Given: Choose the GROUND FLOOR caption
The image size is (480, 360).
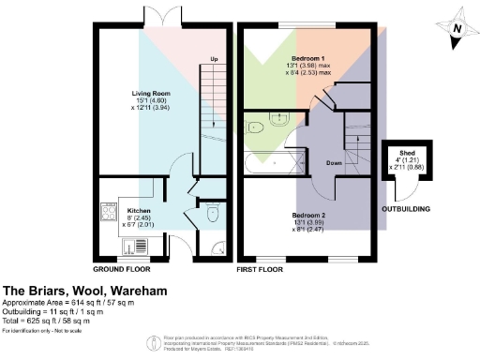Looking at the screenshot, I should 123,269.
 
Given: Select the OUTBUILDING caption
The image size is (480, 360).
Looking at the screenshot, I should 402,209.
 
